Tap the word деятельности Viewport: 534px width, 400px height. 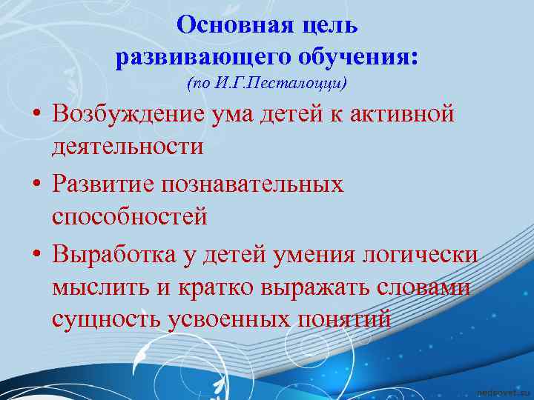tap(127, 147)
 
